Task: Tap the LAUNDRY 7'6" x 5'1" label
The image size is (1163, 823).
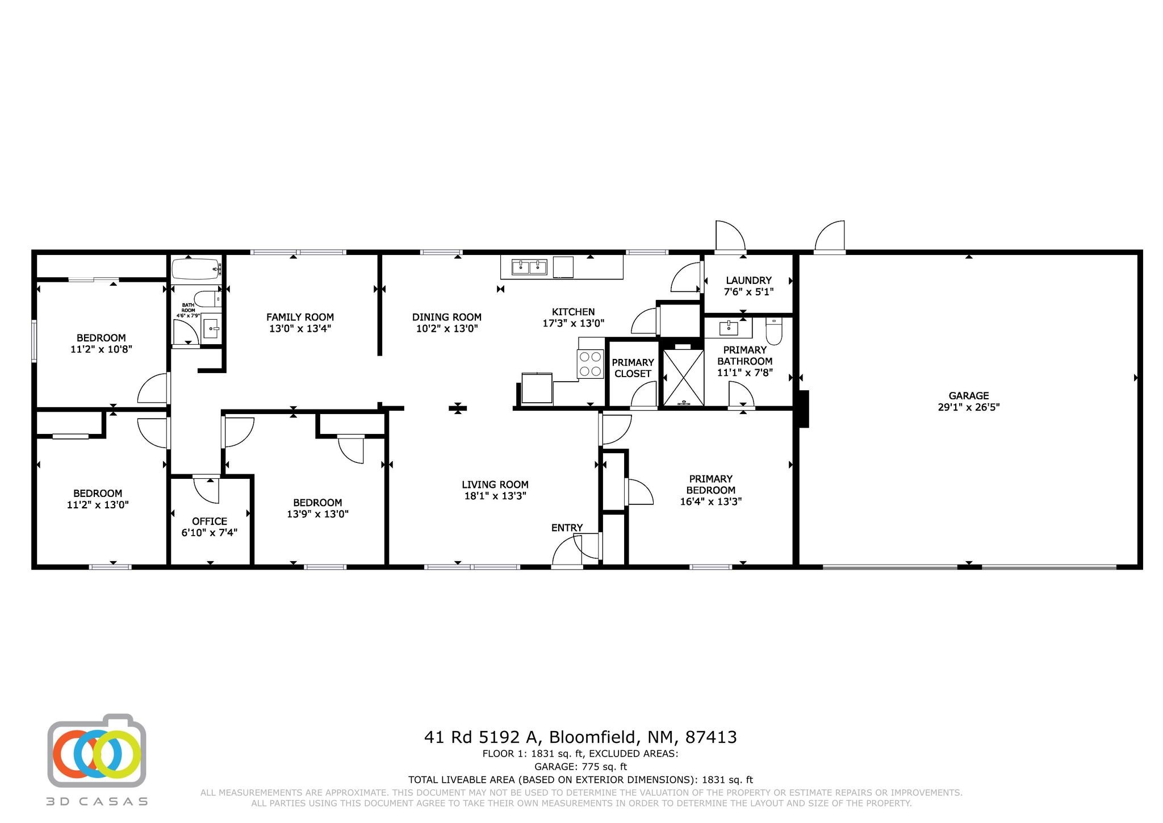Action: pyautogui.click(x=748, y=286)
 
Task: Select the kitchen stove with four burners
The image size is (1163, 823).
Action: pyautogui.click(x=590, y=364)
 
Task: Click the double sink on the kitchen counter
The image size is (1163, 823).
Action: pyautogui.click(x=529, y=266)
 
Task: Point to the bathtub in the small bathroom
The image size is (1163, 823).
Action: pyautogui.click(x=195, y=269)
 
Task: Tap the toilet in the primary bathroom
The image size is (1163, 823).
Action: pyautogui.click(x=774, y=330)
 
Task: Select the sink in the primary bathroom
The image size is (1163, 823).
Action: pyautogui.click(x=728, y=328)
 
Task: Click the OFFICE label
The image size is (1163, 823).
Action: pyautogui.click(x=210, y=521)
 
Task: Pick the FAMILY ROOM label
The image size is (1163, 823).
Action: pyautogui.click(x=300, y=317)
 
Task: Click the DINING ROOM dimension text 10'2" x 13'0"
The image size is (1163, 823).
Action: pyautogui.click(x=447, y=328)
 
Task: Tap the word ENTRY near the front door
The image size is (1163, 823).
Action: pyautogui.click(x=567, y=528)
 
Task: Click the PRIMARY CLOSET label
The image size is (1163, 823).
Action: pyautogui.click(x=633, y=368)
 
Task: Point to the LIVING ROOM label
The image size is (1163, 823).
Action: pyautogui.click(x=495, y=484)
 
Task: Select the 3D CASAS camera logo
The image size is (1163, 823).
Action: pyautogui.click(x=97, y=750)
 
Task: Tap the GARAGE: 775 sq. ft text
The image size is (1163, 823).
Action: pyautogui.click(x=580, y=767)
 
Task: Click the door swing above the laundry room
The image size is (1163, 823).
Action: pyautogui.click(x=730, y=235)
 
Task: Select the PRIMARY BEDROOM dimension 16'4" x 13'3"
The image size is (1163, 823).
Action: pyautogui.click(x=711, y=502)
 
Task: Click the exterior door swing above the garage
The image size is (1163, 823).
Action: pyautogui.click(x=830, y=236)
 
